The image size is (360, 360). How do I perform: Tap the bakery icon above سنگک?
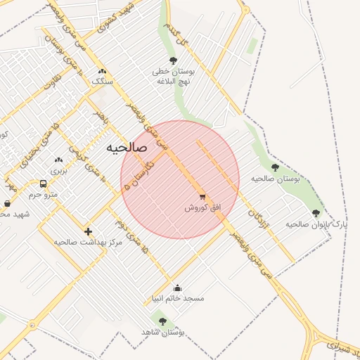(103, 71)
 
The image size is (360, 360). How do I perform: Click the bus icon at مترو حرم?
(44, 184)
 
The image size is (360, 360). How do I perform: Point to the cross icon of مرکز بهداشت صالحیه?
(88, 231)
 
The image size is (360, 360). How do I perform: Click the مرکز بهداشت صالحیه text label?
(88, 242)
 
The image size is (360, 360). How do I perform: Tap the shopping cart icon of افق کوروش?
(202, 198)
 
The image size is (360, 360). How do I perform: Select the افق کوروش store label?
(202, 208)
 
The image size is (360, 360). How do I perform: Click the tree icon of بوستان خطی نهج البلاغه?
(174, 60)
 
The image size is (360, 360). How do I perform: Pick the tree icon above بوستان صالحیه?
(275, 167)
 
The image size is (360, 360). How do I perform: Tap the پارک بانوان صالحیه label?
(316, 224)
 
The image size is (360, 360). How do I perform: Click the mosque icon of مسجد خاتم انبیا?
(177, 287)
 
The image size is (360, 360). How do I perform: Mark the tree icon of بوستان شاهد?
(163, 321)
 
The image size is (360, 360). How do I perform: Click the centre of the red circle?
(180, 179)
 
